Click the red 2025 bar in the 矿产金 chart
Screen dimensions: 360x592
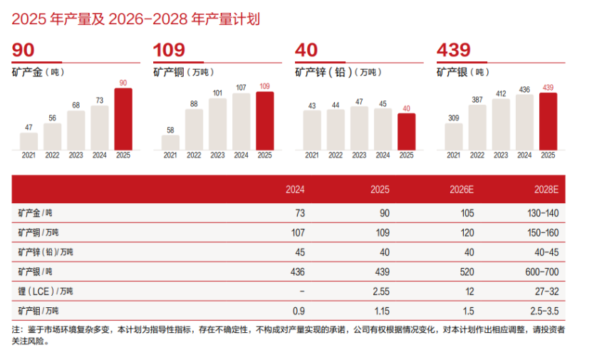pos(123,119)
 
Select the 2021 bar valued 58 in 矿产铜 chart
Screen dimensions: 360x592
pos(170,143)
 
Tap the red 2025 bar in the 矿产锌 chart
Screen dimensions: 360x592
pos(406,132)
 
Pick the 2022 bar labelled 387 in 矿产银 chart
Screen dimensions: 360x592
pos(477,128)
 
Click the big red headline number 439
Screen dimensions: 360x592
pos(454,50)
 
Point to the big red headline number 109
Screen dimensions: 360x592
pos(170,50)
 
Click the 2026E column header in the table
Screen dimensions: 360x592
pos(462,190)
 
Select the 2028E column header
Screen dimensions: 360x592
pos(546,190)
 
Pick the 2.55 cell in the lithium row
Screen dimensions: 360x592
pos(380,292)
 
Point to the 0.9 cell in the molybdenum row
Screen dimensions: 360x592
pos(298,311)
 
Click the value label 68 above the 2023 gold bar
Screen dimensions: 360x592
pos(76,106)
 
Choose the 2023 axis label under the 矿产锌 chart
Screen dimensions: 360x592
pos(359,155)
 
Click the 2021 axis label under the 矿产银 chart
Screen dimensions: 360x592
pos(454,155)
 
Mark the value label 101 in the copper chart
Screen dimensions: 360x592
pos(217,93)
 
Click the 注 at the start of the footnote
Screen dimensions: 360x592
pos(16,330)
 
